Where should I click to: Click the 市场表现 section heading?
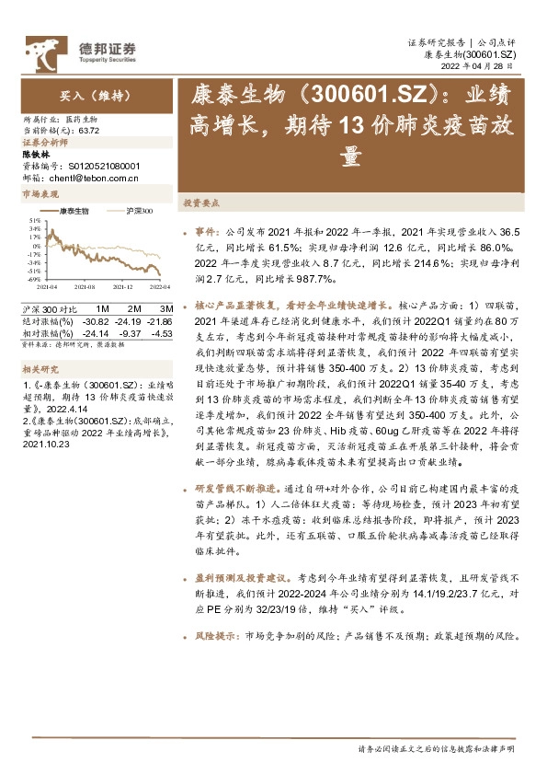point(38,195)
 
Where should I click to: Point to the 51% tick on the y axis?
point(34,221)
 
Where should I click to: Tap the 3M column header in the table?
point(165,307)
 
